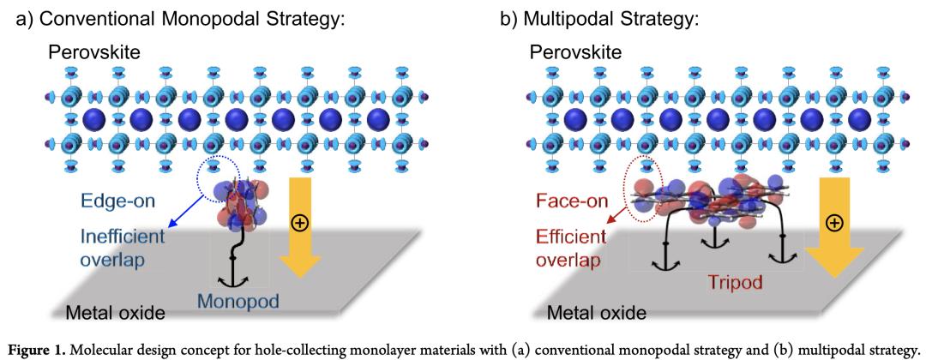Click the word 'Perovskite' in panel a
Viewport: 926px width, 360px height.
93,53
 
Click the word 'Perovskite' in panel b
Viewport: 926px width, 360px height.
574,53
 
